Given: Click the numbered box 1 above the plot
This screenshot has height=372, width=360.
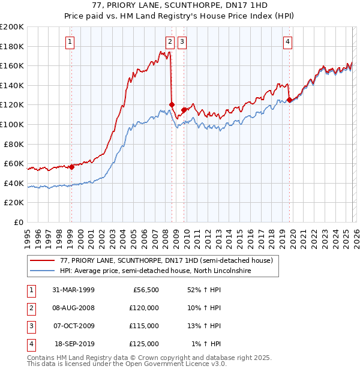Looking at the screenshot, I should pyautogui.click(x=71, y=41).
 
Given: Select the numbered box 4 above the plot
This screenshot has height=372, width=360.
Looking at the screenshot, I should pyautogui.click(x=288, y=41).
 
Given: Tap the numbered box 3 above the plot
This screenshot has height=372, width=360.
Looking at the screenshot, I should pyautogui.click(x=182, y=41).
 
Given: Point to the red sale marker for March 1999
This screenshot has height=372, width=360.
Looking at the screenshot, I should pyautogui.click(x=71, y=167).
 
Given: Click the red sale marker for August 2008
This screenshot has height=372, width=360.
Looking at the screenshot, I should pyautogui.click(x=172, y=104).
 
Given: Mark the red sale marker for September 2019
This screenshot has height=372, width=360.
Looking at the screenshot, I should pyautogui.click(x=289, y=100).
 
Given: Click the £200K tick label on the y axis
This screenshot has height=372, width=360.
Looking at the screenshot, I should pyautogui.click(x=12, y=27).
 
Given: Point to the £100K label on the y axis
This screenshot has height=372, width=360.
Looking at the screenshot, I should pyautogui.click(x=12, y=125).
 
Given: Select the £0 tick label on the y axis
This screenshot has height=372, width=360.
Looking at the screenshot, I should pyautogui.click(x=18, y=222).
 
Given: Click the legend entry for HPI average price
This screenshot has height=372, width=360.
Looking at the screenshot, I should pyautogui.click(x=155, y=271).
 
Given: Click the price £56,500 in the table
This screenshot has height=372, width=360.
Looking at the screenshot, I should pyautogui.click(x=145, y=290).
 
